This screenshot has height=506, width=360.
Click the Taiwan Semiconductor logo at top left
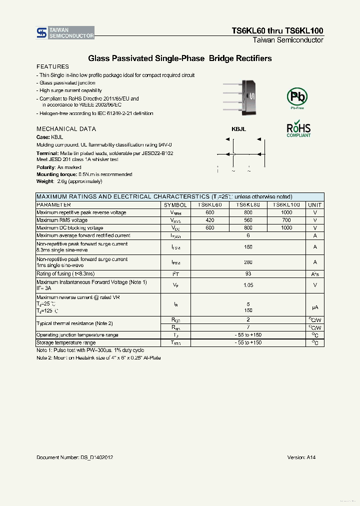(65, 33)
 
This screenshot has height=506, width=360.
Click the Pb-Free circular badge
(297, 97)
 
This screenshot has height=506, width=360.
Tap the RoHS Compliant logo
(298, 129)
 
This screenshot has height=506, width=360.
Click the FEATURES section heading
(52, 66)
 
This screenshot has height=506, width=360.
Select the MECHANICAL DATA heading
(66, 129)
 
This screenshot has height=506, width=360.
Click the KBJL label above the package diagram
(238, 129)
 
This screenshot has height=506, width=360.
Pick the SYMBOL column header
(175, 205)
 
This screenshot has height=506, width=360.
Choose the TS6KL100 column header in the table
(286, 205)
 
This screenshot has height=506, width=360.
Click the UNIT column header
(315, 205)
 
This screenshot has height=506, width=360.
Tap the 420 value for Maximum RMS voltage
(209, 220)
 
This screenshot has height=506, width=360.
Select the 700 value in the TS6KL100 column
(286, 220)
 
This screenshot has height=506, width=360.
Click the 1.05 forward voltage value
(248, 285)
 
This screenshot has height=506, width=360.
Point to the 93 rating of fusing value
(248, 274)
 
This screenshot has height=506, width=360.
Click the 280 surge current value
(248, 262)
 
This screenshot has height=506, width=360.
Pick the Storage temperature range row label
(66, 343)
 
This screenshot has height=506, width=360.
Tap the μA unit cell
(315, 307)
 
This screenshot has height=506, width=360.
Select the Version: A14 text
(301, 457)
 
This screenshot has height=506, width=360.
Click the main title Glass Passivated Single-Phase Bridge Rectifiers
(180, 58)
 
